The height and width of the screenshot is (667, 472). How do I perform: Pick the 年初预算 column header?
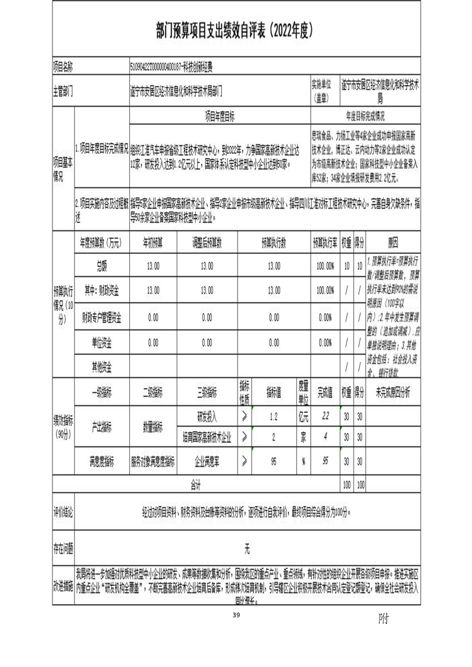coord(153,243)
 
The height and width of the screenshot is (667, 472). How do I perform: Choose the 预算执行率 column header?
coord(325,243)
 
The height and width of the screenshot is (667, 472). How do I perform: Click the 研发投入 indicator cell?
coord(207,416)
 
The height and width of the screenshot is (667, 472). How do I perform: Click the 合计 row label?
coord(196,484)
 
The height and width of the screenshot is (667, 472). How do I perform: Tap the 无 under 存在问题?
coord(246,545)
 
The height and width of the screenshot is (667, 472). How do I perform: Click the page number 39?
coord(236,615)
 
